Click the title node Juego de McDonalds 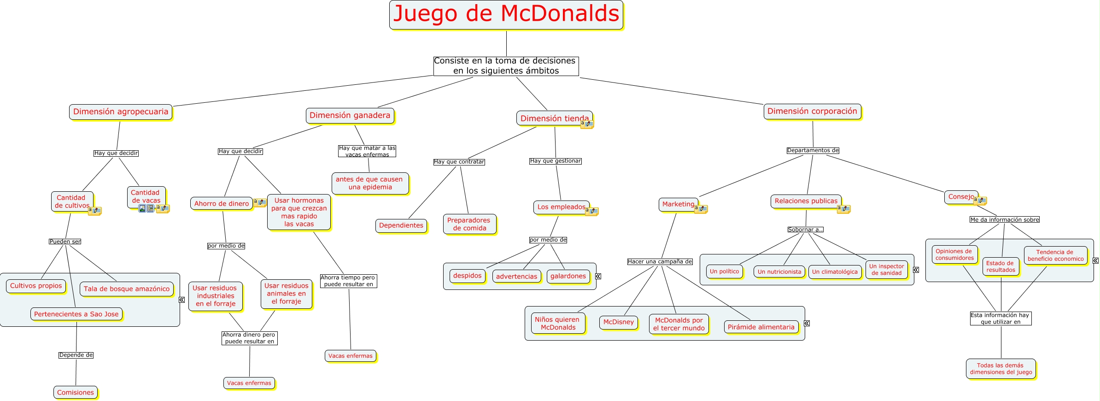pyautogui.click(x=506, y=14)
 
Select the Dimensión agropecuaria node pyautogui.click(x=121, y=112)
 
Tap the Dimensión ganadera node pyautogui.click(x=350, y=116)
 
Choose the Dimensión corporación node pyautogui.click(x=812, y=112)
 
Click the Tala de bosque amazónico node pyautogui.click(x=127, y=289)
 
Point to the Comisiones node pyautogui.click(x=76, y=393)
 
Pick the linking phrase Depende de pyautogui.click(x=76, y=355)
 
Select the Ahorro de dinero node pyautogui.click(x=222, y=204)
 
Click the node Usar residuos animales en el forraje pyautogui.click(x=286, y=294)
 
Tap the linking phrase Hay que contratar pyautogui.click(x=459, y=162)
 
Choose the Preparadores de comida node pyautogui.click(x=469, y=224)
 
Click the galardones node pyautogui.click(x=568, y=276)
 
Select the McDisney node pyautogui.click(x=618, y=322)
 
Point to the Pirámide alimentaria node pyautogui.click(x=761, y=327)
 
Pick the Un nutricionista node pyautogui.click(x=779, y=272)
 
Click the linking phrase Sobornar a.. pyautogui.click(x=805, y=230)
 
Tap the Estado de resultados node pyautogui.click(x=1001, y=266)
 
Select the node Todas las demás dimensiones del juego pyautogui.click(x=1001, y=369)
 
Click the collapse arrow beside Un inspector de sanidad pyautogui.click(x=916, y=270)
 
